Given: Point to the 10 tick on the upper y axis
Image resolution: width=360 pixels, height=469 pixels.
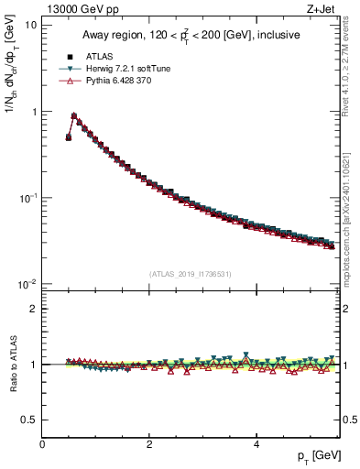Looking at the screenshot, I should pos(32,25).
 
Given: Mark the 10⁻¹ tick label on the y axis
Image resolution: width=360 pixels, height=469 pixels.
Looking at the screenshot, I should pos(29,198).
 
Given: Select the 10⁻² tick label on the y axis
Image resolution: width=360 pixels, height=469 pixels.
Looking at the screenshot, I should pos(29,284).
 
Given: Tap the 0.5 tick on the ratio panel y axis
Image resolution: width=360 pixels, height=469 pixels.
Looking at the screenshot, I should pos(30,420).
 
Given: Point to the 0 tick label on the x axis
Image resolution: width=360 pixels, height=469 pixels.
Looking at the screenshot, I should pos(42,444).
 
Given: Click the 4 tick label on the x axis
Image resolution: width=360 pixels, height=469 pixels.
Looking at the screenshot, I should pos(256,444).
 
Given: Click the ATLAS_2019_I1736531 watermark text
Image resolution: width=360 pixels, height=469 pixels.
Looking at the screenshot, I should pos(191,273).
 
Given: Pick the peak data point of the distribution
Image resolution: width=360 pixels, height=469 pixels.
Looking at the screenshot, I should pos(74,116).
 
